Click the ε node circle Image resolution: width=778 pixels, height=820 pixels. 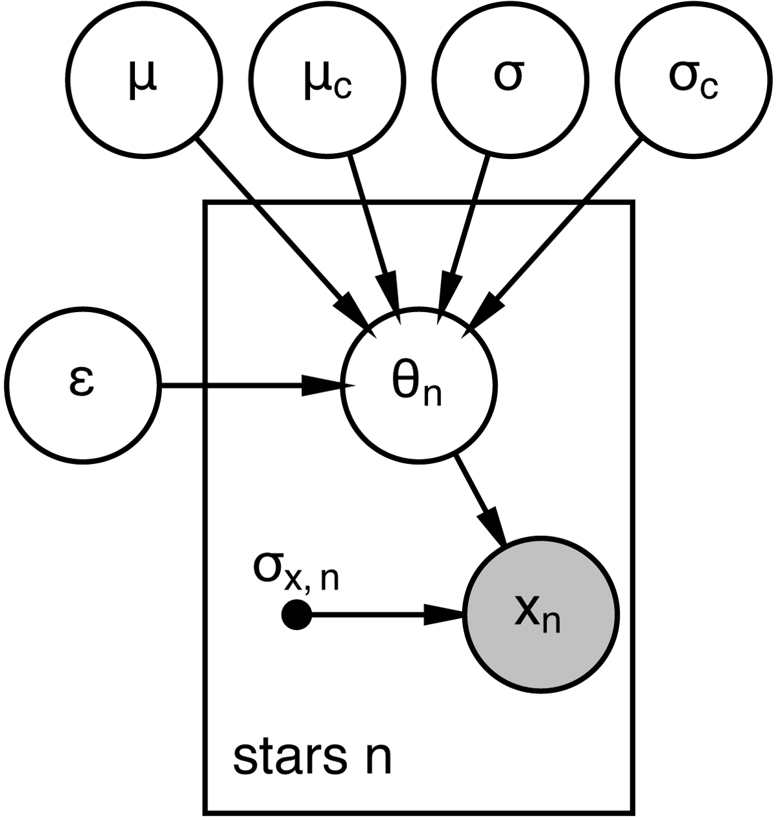pyautogui.click(x=81, y=387)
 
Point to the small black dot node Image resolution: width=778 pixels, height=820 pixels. pyautogui.click(x=297, y=614)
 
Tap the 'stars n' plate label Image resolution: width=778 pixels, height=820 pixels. pyautogui.click(x=312, y=757)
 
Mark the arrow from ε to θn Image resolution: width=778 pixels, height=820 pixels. pyautogui.click(x=246, y=388)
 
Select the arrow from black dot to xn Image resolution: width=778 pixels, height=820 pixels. pyautogui.click(x=376, y=614)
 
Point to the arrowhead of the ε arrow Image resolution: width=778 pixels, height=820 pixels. pyautogui.click(x=324, y=388)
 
